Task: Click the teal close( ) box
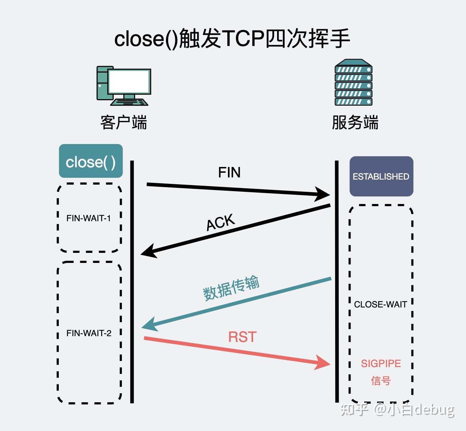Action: pos(91,161)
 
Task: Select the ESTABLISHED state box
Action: pos(381,176)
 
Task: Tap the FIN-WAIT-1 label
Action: pos(89,218)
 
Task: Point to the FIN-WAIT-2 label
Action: pos(89,333)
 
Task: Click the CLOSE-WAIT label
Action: pos(380,305)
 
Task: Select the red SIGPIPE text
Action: pos(381,363)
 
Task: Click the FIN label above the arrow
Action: pos(229,173)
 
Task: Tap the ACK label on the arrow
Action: pos(220,222)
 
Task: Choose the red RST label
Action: pos(242,337)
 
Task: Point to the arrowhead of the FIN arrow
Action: pos(323,194)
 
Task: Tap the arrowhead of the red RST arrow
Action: pos(323,363)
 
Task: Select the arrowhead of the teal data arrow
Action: pos(149,324)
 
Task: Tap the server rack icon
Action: pos(353,83)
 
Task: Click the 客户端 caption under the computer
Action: pos(123,122)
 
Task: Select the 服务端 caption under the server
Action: pos(355,122)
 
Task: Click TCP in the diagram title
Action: pos(243,38)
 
